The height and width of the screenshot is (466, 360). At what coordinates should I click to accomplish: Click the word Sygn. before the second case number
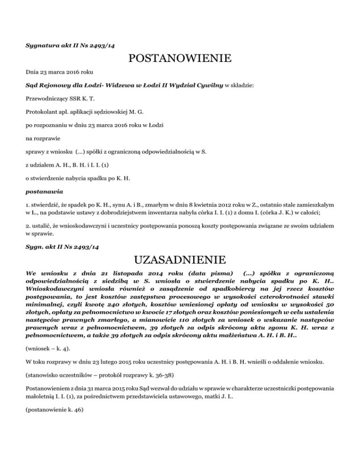34,245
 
